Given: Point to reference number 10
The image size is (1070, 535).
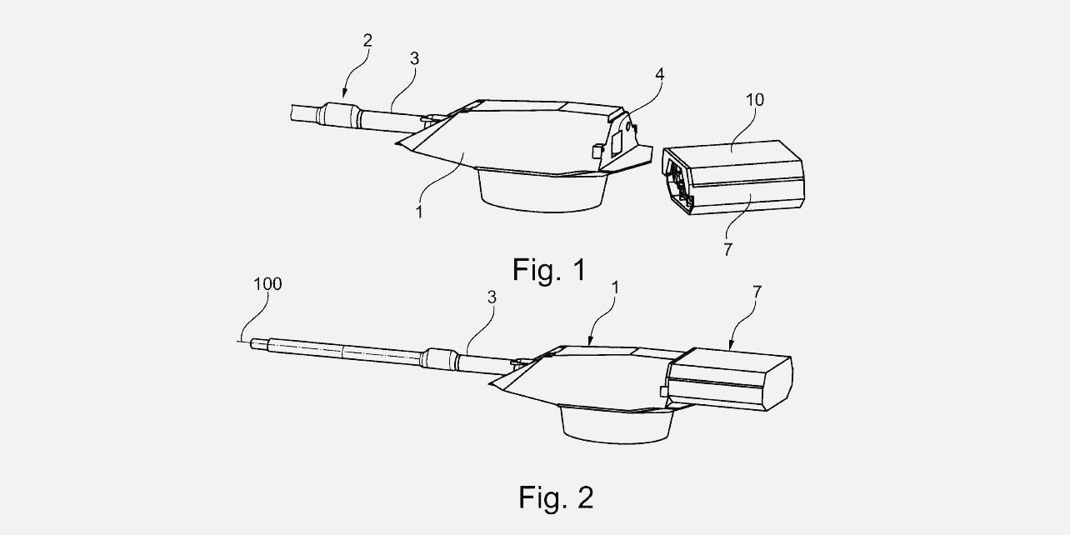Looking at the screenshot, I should [x=754, y=101].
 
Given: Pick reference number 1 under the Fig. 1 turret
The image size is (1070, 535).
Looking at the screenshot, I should [x=420, y=212].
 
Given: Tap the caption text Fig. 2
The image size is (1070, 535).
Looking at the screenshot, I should [x=556, y=497].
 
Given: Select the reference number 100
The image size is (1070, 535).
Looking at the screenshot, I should [x=268, y=284].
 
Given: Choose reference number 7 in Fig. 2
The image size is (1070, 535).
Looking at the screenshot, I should [x=756, y=292].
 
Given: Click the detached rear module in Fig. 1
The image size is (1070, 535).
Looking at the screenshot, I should [x=733, y=177].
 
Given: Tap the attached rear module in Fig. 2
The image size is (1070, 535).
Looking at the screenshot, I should [x=731, y=378].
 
